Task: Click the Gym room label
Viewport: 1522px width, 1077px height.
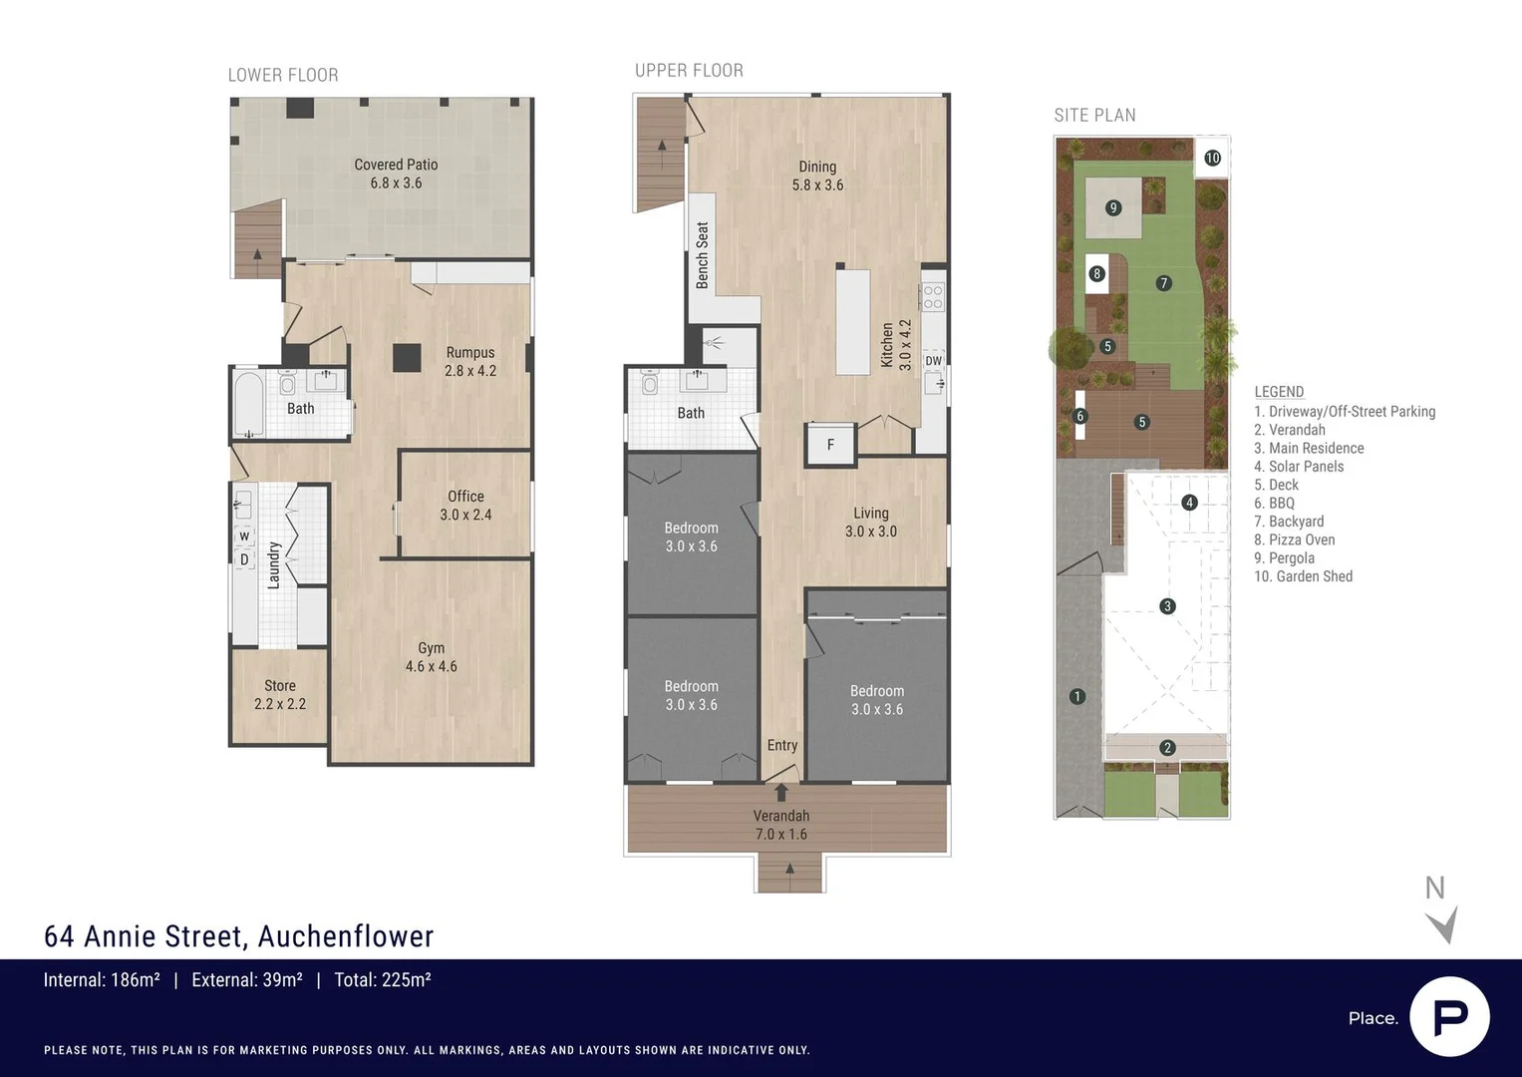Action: [x=431, y=657]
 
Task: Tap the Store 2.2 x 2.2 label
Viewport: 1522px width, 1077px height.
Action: [x=279, y=694]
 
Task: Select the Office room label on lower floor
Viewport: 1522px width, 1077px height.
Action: [x=465, y=506]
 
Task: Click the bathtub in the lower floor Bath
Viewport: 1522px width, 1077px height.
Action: [x=248, y=405]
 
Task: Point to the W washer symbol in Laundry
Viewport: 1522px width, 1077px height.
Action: [x=244, y=537]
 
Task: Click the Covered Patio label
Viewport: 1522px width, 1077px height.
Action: [x=396, y=174]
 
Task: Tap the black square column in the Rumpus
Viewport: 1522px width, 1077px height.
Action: [x=406, y=357]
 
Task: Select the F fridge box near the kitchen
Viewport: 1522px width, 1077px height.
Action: [x=830, y=445]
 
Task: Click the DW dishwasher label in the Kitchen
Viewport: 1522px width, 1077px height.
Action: [x=933, y=361]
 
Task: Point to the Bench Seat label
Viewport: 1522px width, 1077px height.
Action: [x=703, y=256]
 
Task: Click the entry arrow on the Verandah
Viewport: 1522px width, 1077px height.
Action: [x=781, y=793]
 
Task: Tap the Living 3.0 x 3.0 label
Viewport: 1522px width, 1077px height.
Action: [x=870, y=523]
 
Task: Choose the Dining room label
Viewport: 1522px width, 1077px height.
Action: [x=817, y=176]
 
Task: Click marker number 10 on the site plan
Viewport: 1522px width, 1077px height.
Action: [x=1212, y=158]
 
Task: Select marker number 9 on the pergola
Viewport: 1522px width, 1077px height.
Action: [x=1113, y=207]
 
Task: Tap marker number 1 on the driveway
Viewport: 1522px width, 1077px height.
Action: [x=1076, y=696]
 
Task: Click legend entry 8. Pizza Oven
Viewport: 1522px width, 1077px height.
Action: [x=1294, y=539]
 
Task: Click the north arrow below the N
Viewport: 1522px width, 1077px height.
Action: [x=1442, y=924]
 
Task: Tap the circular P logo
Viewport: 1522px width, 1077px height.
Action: [x=1449, y=1016]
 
